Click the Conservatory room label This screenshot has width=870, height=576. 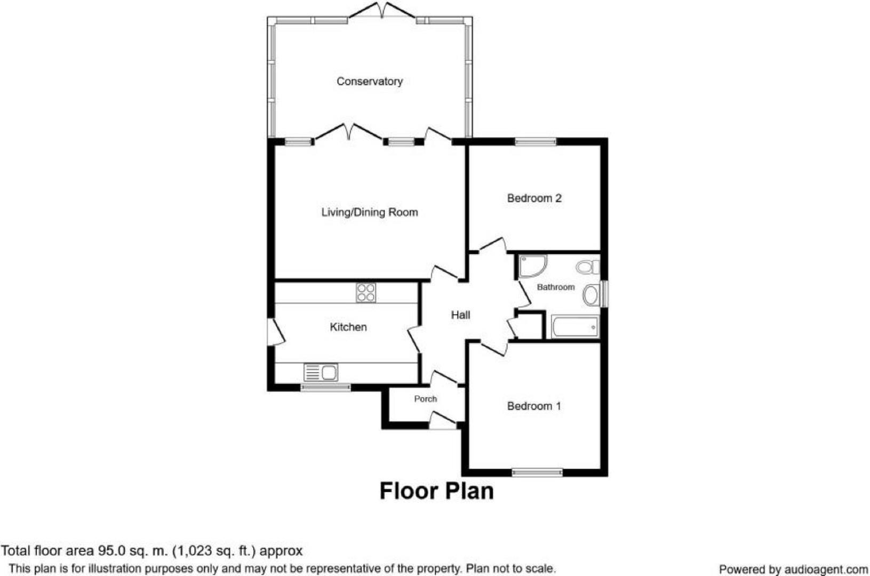(369, 82)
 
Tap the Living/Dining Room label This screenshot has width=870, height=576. (369, 212)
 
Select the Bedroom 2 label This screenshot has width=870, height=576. (534, 198)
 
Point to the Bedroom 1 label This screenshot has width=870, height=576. (534, 406)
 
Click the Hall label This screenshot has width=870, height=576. (460, 315)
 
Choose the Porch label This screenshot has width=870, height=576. (425, 399)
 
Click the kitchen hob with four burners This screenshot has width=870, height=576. (366, 293)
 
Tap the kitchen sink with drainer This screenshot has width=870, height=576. (321, 372)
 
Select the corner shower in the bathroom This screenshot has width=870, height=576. (532, 266)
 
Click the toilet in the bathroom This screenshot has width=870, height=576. (588, 266)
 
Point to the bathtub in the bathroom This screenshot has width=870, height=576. (575, 327)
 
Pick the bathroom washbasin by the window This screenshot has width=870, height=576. (591, 295)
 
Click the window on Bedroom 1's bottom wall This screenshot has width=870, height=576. (537, 471)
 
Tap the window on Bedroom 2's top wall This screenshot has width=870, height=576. (535, 142)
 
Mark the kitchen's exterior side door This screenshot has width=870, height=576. (275, 333)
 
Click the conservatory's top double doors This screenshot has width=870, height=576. (382, 12)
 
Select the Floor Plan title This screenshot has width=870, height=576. (436, 491)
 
